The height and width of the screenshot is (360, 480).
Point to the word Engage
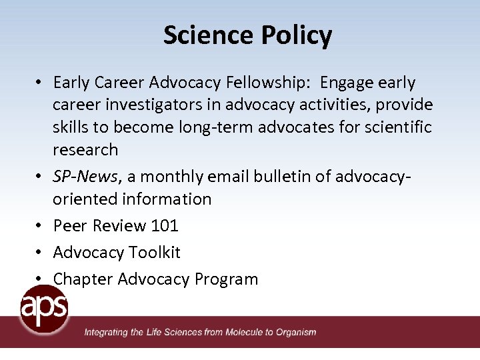point(349,83)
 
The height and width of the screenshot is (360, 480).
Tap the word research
point(85,149)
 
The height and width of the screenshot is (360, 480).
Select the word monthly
point(177,176)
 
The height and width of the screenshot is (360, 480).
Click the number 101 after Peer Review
point(165,225)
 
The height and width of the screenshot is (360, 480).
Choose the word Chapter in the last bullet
point(83,279)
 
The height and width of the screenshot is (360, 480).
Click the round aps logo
point(44,308)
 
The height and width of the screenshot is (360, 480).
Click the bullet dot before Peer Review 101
point(40,225)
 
